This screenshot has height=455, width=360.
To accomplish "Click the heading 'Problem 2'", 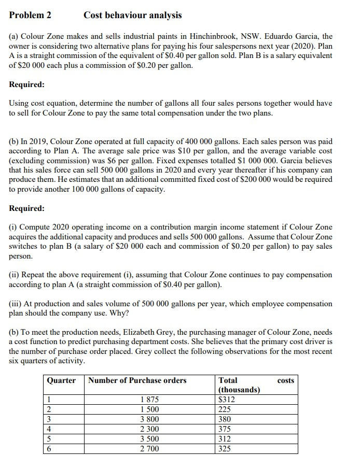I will pyautogui.click(x=30, y=15).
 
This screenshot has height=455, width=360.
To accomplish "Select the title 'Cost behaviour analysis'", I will pyautogui.click(x=133, y=15).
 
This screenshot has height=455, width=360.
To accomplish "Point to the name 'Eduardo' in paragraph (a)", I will pyautogui.click(x=279, y=37).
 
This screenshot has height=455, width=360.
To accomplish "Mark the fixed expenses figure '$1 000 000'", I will pyautogui.click(x=243, y=161).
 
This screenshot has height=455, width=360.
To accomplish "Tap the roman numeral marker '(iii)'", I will pyautogui.click(x=17, y=303).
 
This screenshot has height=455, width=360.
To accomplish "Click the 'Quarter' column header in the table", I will pyautogui.click(x=61, y=380).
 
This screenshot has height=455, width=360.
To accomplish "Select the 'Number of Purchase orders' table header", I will pyautogui.click(x=138, y=380).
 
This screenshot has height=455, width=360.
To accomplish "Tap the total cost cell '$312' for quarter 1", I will pyautogui.click(x=227, y=400).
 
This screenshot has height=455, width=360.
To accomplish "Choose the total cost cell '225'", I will pyautogui.click(x=225, y=409).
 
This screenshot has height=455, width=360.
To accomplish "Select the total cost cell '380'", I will pyautogui.click(x=225, y=419).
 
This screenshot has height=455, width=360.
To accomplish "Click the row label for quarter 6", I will pyautogui.click(x=49, y=448).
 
